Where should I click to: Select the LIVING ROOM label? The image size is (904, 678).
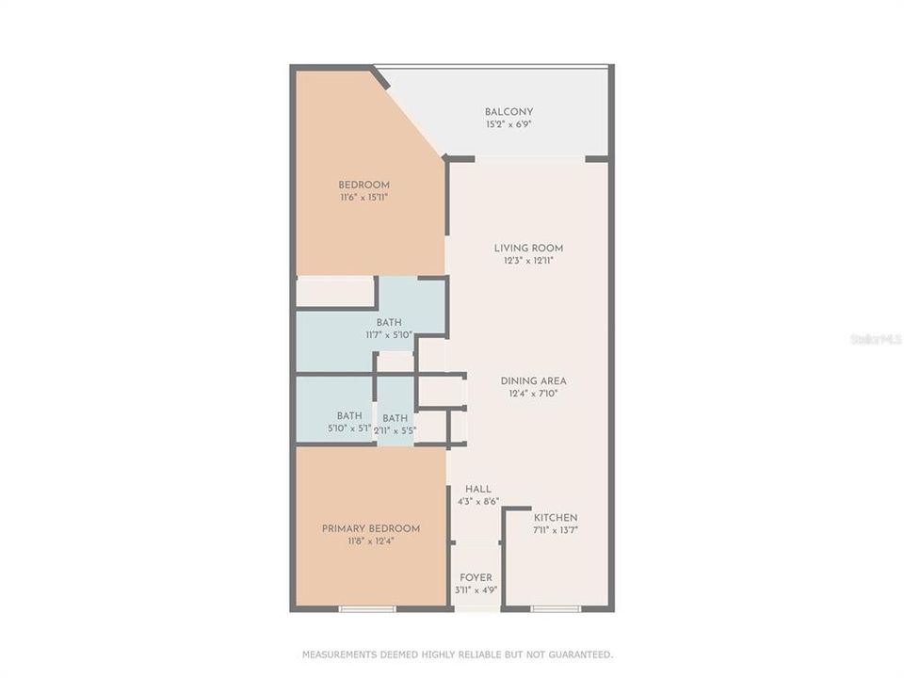(528, 249)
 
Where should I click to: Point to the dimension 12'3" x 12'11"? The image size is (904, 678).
(528, 261)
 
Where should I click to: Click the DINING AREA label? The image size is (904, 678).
(533, 381)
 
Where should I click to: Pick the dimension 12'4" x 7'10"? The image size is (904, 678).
(533, 394)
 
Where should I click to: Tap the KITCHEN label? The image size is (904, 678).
(556, 518)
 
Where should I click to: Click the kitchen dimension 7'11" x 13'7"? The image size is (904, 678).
(556, 530)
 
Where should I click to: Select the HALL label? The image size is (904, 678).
(477, 490)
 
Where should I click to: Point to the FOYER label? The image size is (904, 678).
(476, 577)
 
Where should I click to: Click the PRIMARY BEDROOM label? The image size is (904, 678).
(371, 529)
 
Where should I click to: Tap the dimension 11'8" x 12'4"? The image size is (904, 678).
(371, 541)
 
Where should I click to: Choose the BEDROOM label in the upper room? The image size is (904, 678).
(364, 185)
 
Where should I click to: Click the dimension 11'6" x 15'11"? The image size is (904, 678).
(364, 198)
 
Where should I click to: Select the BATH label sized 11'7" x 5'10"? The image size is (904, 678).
(389, 322)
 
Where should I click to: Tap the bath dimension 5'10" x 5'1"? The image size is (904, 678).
(349, 428)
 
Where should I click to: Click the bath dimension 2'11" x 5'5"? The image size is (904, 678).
(395, 431)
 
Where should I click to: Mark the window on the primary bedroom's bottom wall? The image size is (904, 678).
(367, 609)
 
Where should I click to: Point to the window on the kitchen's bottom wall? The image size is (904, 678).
(556, 609)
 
